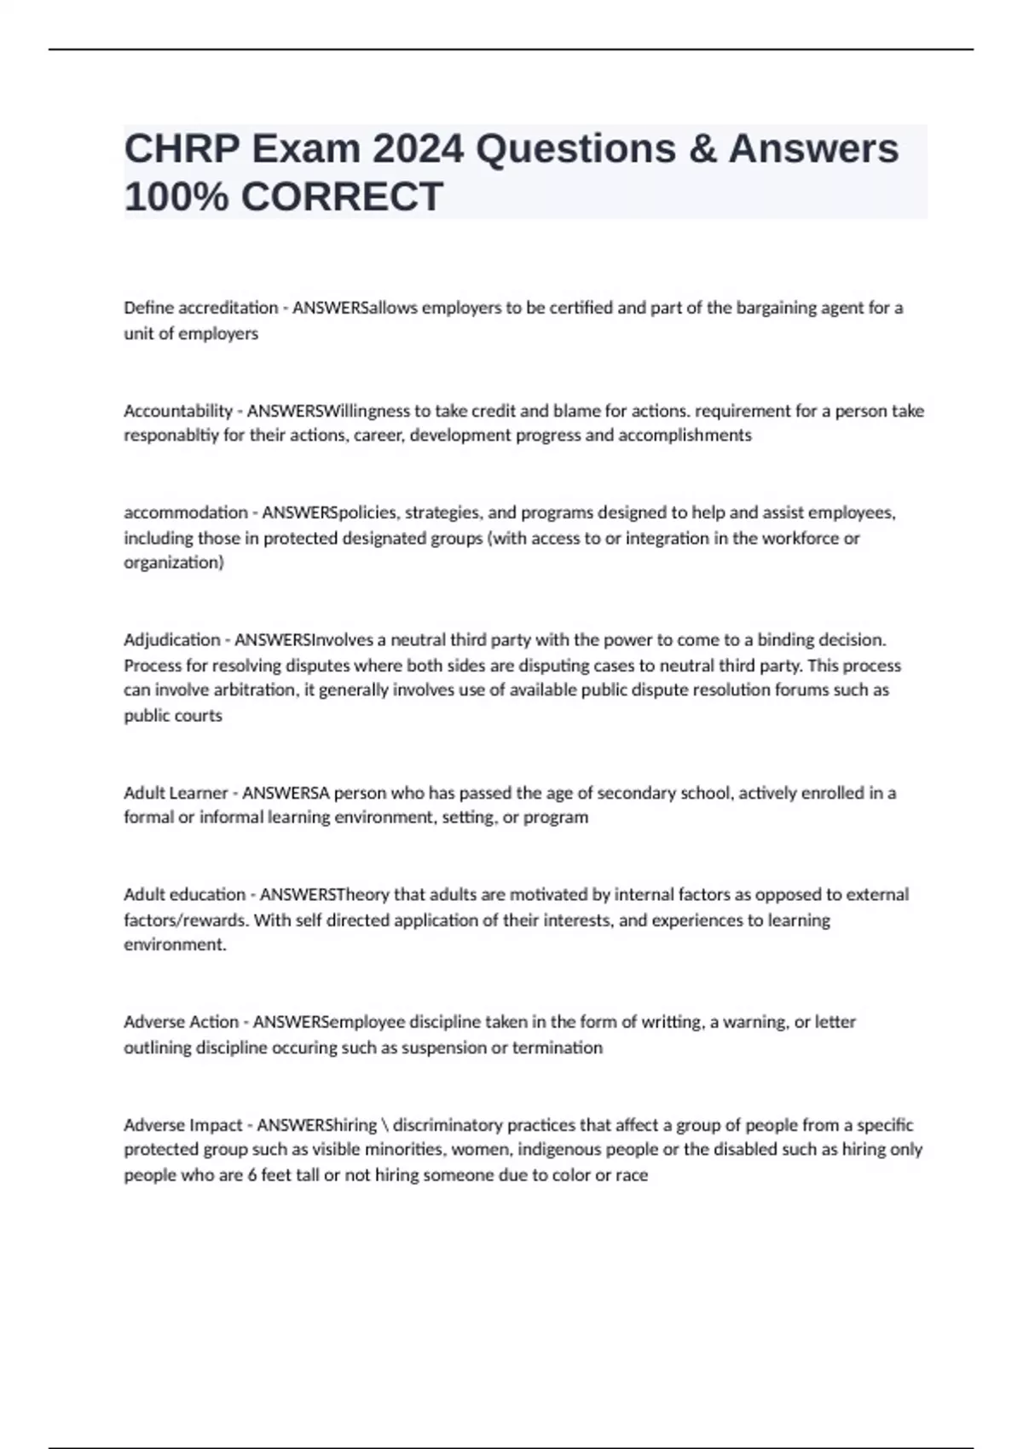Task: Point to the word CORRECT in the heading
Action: point(341,197)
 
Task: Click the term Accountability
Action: point(178,411)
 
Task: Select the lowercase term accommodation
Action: point(186,512)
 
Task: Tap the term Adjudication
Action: point(172,639)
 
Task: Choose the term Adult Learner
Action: point(176,793)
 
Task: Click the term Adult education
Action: point(184,894)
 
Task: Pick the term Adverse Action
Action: point(181,1021)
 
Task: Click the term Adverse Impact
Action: point(183,1124)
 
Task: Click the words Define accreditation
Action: point(201,308)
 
